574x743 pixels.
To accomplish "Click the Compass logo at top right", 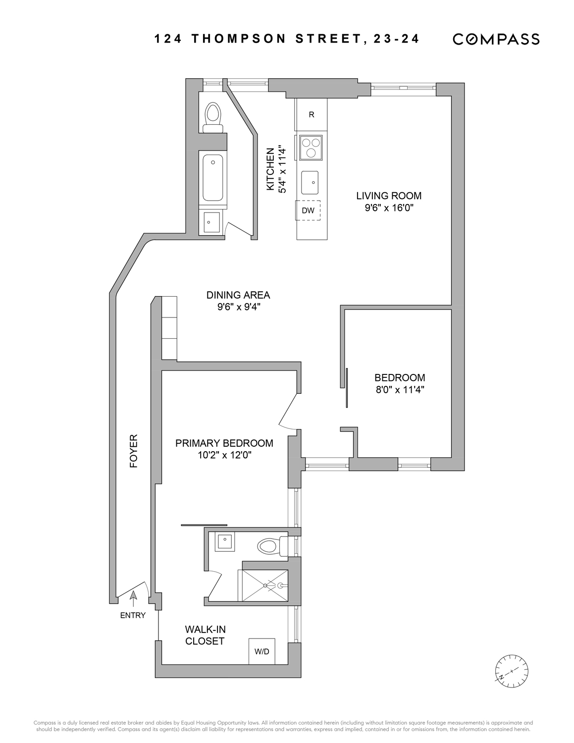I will click(x=496, y=39).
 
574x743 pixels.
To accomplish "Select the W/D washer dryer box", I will click(x=261, y=651).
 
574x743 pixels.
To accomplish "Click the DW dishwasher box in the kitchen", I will click(x=308, y=211).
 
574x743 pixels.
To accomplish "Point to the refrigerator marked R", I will click(x=311, y=115).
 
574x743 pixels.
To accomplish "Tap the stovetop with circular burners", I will click(x=311, y=147).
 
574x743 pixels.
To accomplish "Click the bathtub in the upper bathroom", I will click(x=213, y=177).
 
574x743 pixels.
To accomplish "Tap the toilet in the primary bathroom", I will click(x=272, y=546).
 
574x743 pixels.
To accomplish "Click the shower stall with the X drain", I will click(x=264, y=585).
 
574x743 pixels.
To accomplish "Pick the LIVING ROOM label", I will click(x=389, y=196).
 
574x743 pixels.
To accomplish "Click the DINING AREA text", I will click(x=238, y=295).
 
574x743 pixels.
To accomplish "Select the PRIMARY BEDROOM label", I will click(x=224, y=443).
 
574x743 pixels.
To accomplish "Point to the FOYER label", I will click(x=133, y=451).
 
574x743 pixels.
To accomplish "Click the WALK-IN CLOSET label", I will click(x=205, y=635).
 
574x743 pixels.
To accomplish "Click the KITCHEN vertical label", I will click(x=270, y=169).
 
